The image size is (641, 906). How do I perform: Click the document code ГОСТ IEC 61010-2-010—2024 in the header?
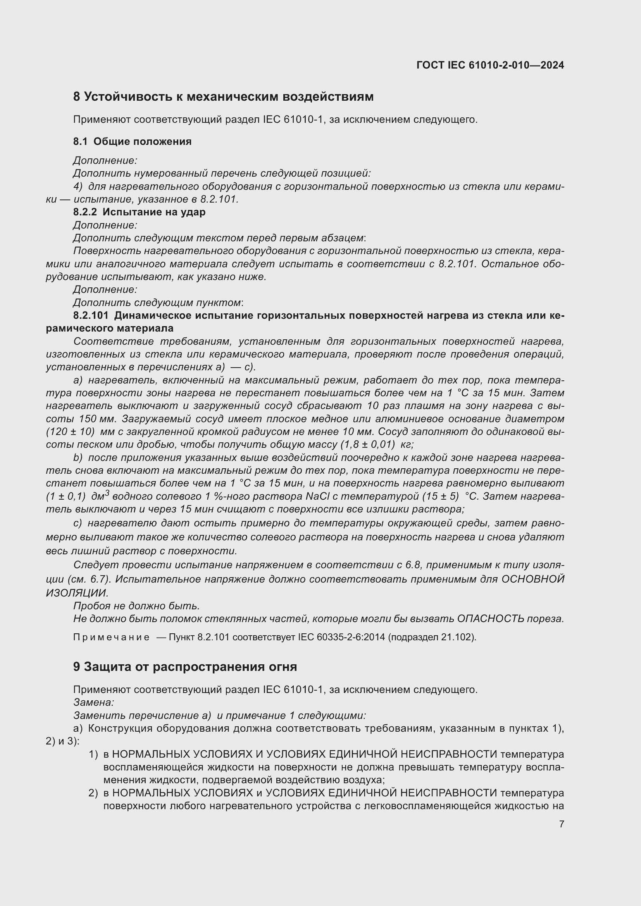coord(490,65)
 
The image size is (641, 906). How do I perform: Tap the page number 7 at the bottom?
coord(561,824)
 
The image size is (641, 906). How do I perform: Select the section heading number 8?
coord(77,97)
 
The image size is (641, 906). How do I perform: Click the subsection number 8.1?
coord(81,142)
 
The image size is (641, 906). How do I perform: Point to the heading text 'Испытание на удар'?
coord(154,212)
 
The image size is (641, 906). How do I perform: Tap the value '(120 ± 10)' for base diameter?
coord(70,432)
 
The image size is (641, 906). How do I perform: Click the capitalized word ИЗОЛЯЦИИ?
coord(77,593)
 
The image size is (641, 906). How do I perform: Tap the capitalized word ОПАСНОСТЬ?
coord(491,619)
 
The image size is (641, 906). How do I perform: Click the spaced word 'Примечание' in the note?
coord(111,637)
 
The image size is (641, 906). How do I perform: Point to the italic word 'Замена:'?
coord(93,702)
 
